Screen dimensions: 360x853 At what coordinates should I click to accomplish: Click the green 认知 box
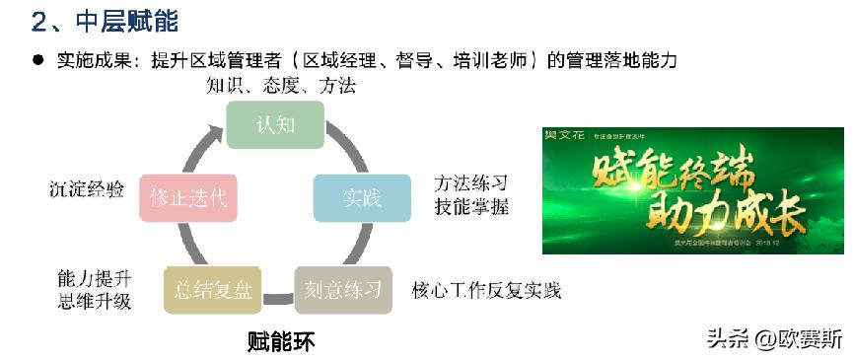[275, 125]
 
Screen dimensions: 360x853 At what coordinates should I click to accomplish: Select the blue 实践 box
[362, 197]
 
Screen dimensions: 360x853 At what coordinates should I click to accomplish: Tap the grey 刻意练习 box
[343, 290]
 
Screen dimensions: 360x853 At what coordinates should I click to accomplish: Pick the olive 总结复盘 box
[213, 290]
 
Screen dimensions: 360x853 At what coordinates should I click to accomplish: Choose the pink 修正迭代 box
[188, 197]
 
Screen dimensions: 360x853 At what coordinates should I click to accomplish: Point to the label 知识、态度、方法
[281, 86]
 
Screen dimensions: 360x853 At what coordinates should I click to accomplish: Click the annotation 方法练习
[471, 183]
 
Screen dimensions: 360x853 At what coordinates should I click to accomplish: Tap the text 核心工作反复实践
[485, 290]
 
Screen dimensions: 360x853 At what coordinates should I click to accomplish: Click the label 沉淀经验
[87, 189]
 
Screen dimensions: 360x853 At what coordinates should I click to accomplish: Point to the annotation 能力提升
[95, 278]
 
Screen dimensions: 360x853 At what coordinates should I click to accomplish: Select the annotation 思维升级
[95, 301]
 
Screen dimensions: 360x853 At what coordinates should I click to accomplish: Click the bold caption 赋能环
[280, 341]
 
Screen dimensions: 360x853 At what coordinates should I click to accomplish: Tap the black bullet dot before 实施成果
[38, 59]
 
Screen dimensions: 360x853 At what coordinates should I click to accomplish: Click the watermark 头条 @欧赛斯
[774, 339]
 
